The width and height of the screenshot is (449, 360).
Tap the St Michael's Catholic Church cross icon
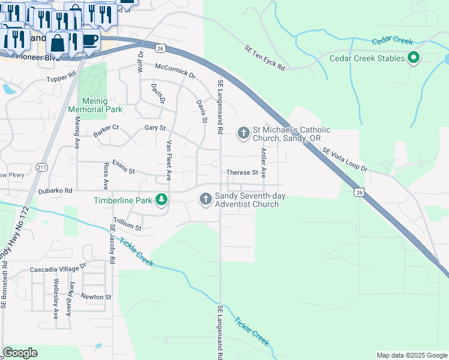click(x=243, y=133)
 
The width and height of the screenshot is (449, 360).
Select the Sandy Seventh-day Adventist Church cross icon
click(x=205, y=199)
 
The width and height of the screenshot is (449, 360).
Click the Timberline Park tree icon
click(x=161, y=200)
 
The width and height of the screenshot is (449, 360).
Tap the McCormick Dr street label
click(x=175, y=71)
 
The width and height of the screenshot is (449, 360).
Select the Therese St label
click(x=241, y=173)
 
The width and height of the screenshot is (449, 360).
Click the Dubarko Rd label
click(x=55, y=190)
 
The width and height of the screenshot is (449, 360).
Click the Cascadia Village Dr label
click(x=58, y=270)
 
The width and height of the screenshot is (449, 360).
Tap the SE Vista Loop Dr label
click(x=344, y=160)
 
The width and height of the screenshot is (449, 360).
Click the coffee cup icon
click(x=89, y=40)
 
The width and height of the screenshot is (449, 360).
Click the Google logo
click(x=20, y=353)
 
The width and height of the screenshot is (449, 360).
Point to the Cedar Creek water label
click(x=392, y=41)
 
